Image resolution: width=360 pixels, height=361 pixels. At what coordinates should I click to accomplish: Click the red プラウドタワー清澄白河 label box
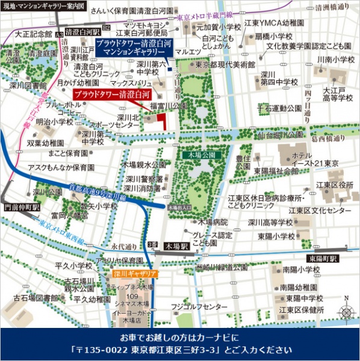[x=110, y=95]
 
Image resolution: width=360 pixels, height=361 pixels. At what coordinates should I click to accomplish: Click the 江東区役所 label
[x=334, y=184]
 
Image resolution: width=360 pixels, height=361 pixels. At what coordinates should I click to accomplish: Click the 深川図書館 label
[x=23, y=85]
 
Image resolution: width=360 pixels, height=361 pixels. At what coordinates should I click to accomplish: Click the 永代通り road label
[x=123, y=246]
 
